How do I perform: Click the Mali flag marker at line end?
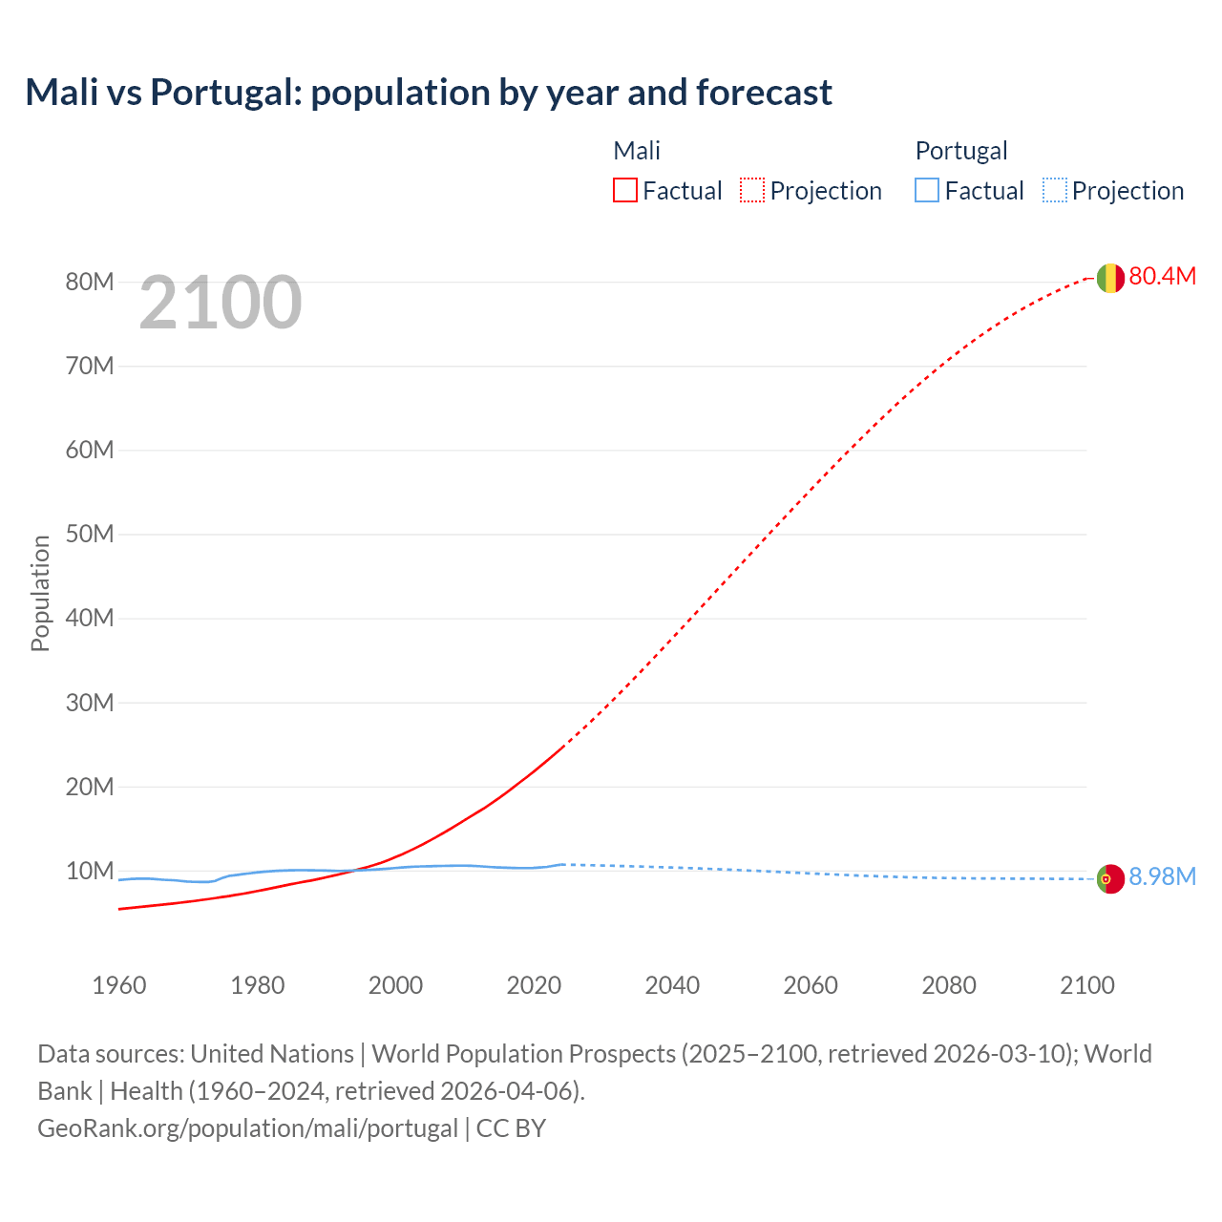[1109, 278]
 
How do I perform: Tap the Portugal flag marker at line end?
[1109, 878]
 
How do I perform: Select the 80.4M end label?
[1162, 276]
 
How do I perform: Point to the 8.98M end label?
[1162, 876]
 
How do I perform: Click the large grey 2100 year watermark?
[221, 303]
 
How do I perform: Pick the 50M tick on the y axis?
[90, 534]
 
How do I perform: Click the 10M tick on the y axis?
[90, 871]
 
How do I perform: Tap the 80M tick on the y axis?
[90, 282]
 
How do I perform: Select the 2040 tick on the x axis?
[672, 985]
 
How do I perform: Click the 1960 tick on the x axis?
[119, 985]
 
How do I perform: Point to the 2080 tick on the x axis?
[949, 985]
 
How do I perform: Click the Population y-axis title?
[40, 593]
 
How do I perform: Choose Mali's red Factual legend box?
[624, 190]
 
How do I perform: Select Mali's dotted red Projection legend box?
[752, 190]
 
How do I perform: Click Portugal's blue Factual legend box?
[927, 190]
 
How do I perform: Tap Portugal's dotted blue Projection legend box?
[1054, 190]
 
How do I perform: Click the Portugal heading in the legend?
[961, 151]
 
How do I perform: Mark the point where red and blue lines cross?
[354, 870]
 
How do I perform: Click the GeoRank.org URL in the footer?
[248, 1127]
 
